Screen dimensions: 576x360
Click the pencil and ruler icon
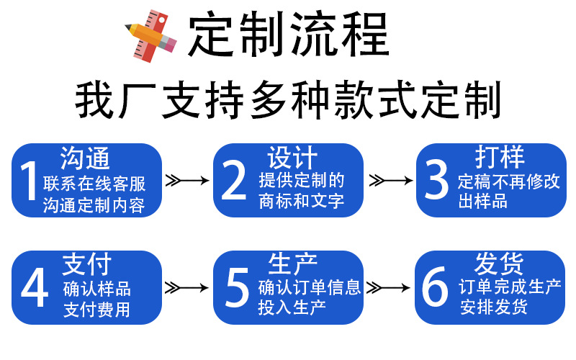(x=151, y=35)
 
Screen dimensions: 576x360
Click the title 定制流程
(x=289, y=34)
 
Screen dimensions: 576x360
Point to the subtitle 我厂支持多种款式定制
(x=288, y=100)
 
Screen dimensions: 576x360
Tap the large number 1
(x=29, y=181)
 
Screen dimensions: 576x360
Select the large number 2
(x=233, y=181)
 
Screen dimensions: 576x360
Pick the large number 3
(x=436, y=180)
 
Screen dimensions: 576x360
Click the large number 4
(x=35, y=287)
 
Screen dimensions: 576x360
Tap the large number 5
(x=237, y=287)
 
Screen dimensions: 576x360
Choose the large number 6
(x=435, y=287)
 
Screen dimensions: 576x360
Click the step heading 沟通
(x=85, y=158)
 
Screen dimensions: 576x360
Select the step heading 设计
(x=292, y=158)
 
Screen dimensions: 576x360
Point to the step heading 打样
(x=500, y=157)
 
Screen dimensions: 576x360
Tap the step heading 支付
(x=86, y=264)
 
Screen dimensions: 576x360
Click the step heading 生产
(x=293, y=264)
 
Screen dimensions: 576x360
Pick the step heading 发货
(x=499, y=264)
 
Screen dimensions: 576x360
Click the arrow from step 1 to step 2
(x=187, y=181)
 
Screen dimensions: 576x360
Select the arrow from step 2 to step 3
(x=391, y=181)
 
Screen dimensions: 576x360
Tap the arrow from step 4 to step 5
(x=186, y=287)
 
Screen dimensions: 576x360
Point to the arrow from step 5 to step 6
(x=388, y=287)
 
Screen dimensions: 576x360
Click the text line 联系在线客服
(x=94, y=184)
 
